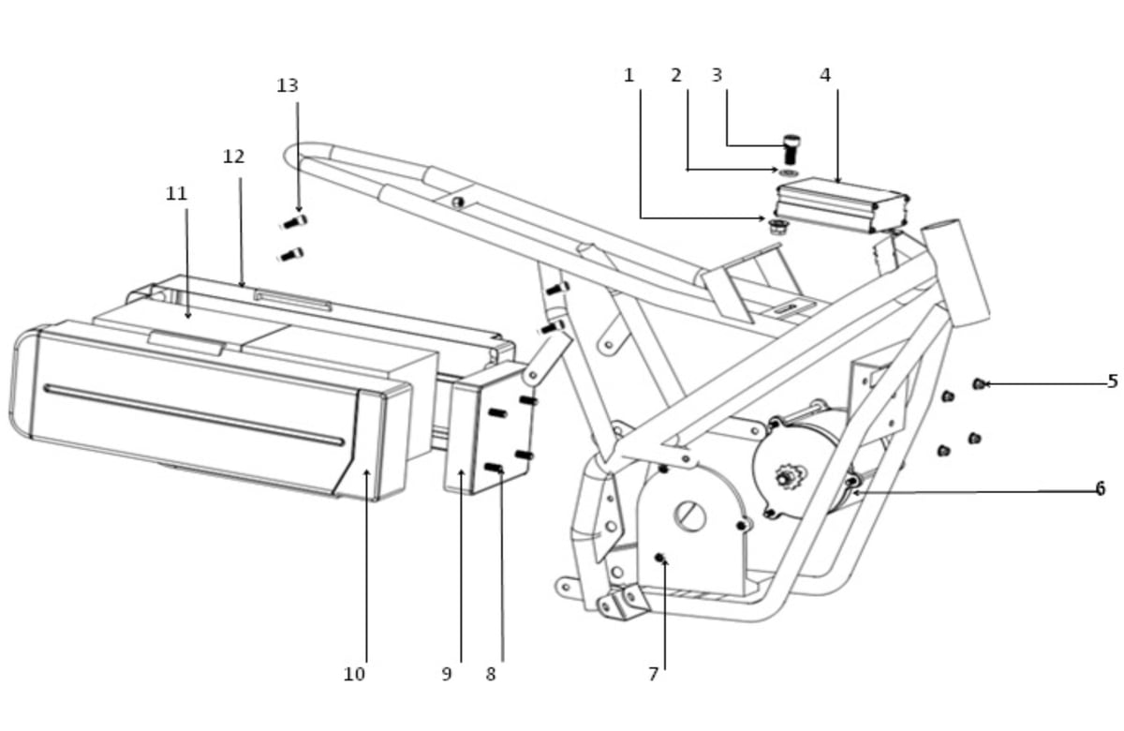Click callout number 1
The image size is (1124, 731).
tap(629, 76)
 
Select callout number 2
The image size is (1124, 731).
tap(676, 76)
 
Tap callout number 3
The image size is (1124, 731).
tap(717, 76)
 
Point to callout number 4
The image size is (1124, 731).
tap(825, 76)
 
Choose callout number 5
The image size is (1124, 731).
tap(1113, 381)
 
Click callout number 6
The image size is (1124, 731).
tap(1101, 488)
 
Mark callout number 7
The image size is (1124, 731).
tap(653, 674)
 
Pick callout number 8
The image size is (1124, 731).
tap(491, 674)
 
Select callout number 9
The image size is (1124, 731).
tap(447, 674)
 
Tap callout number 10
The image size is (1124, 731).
tap(354, 674)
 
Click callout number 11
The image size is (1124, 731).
tap(176, 193)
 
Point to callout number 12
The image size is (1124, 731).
tap(233, 157)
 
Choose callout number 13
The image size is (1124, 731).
tap(288, 86)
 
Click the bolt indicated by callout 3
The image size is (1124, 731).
tap(791, 149)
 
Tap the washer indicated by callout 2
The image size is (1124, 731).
tap(789, 172)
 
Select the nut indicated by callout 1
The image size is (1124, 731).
tap(778, 227)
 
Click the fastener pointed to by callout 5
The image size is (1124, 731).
tap(979, 384)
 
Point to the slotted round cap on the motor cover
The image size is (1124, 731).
tap(689, 516)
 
